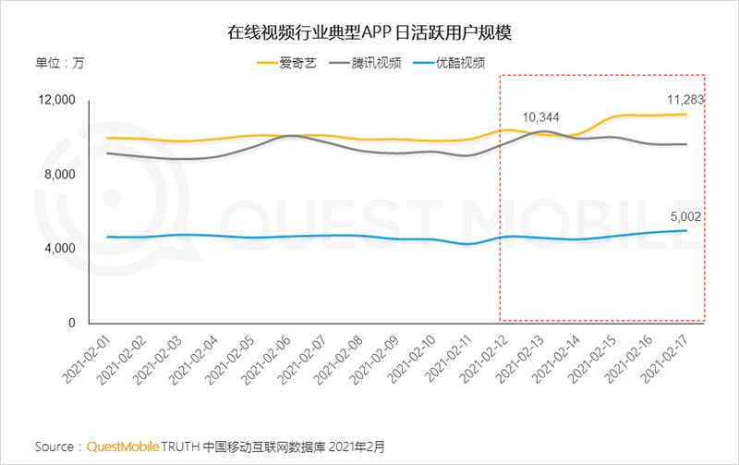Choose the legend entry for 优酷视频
(x=473, y=64)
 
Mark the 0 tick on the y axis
(x=70, y=324)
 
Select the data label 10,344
(x=540, y=116)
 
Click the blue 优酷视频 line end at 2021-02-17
(x=685, y=230)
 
